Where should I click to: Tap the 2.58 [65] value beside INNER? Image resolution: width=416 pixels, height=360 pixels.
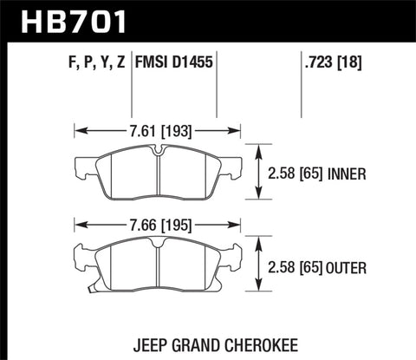point(302,173)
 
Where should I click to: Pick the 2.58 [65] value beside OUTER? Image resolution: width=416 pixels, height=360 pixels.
point(302,265)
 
